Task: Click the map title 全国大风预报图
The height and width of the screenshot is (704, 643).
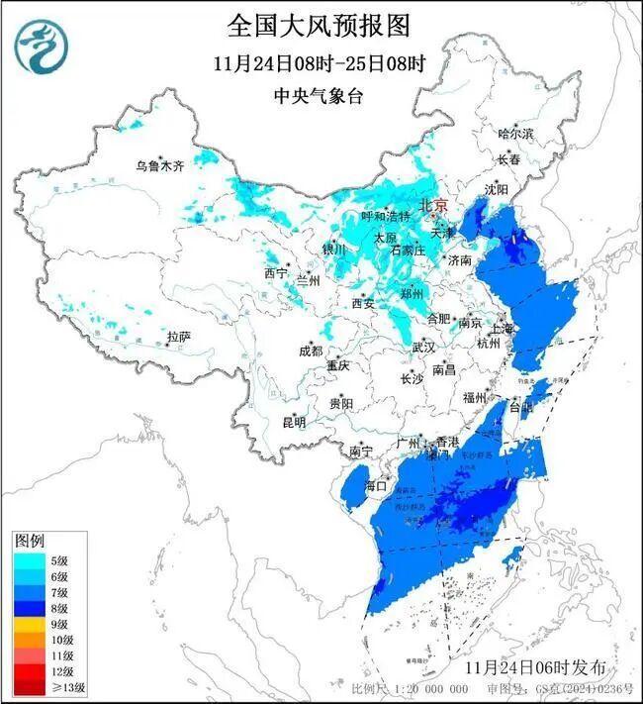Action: (319, 24)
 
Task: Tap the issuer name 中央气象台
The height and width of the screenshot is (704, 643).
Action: (319, 96)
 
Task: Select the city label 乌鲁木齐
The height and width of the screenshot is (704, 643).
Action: (160, 165)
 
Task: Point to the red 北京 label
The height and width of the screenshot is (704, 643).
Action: (434, 205)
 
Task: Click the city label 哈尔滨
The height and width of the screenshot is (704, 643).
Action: (515, 133)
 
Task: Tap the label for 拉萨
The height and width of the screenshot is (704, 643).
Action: (178, 338)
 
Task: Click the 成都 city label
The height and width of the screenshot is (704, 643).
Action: (310, 351)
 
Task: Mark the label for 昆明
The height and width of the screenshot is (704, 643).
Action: (294, 423)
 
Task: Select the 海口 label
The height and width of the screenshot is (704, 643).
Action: (375, 486)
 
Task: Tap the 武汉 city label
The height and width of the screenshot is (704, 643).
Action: (423, 348)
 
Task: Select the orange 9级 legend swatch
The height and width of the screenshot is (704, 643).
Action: (28, 623)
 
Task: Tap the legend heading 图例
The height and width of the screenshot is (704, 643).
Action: (28, 541)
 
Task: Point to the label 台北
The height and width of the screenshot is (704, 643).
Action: (521, 406)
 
